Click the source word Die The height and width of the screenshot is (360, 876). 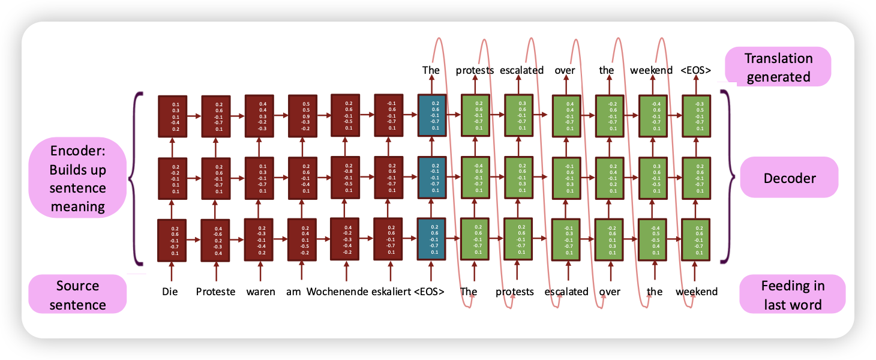coord(170,292)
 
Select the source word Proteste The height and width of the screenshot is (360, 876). coord(215,292)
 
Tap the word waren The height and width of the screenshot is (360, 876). coord(260,292)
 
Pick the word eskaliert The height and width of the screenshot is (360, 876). coord(390,292)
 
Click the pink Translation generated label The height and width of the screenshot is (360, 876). coord(778,67)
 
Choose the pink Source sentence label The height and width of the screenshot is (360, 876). coord(77,295)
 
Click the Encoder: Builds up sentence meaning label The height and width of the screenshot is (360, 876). coord(77,179)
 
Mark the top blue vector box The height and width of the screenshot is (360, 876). coord(432,115)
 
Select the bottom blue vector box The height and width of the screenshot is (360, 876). coord(432,240)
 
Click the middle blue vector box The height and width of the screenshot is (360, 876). coord(432,178)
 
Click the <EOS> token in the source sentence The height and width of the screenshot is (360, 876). coord(429,292)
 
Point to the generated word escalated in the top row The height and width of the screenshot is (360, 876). coord(521,70)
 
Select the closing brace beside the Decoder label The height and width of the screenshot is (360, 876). coord(727,178)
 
